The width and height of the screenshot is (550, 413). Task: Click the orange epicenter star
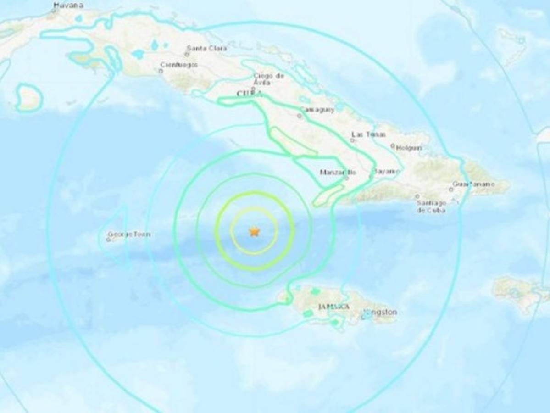254,232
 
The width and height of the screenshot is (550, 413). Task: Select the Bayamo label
385,171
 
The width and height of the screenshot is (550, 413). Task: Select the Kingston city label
380,312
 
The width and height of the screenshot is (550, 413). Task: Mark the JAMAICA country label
333,306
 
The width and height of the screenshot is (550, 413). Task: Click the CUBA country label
250,94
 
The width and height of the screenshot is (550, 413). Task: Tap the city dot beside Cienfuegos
161,71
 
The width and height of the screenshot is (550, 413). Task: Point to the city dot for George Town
108,239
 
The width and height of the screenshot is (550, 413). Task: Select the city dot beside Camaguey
299,116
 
